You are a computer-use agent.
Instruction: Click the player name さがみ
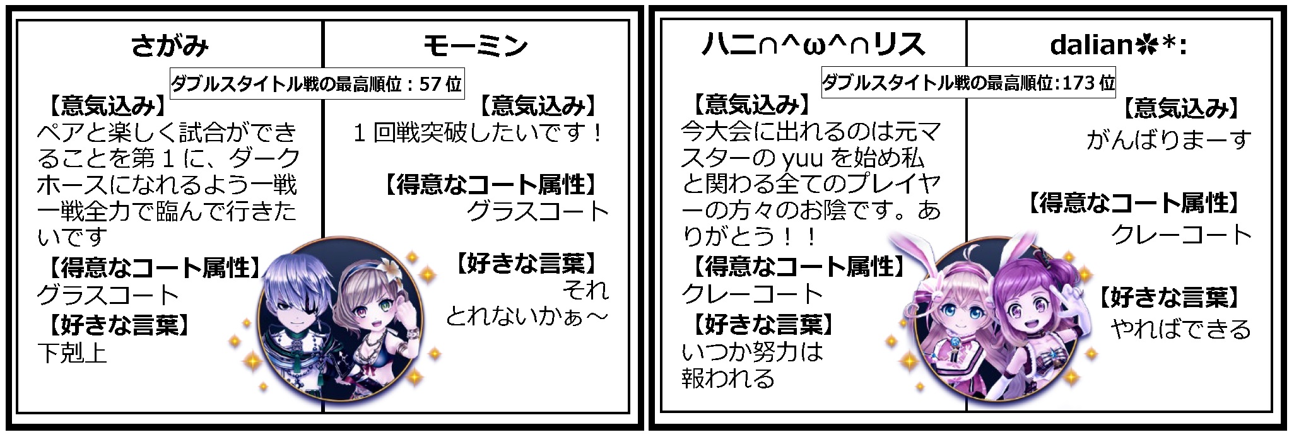pyautogui.click(x=170, y=46)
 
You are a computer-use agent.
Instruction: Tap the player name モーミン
pyautogui.click(x=475, y=46)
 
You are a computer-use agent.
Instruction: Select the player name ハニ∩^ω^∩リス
pyautogui.click(x=813, y=45)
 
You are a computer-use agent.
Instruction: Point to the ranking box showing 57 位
pyautogui.click(x=317, y=83)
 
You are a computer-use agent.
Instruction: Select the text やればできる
pyautogui.click(x=1180, y=329)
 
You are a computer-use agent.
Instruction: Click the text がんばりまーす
pyautogui.click(x=1168, y=140)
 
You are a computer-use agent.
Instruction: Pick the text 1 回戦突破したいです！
pyautogui.click(x=479, y=134)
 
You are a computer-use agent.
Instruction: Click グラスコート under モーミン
pyautogui.click(x=538, y=211)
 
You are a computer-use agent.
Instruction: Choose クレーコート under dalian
pyautogui.click(x=1181, y=235)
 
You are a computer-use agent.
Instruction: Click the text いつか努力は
pyautogui.click(x=753, y=352)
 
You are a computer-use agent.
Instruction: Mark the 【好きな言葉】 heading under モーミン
pyautogui.click(x=526, y=263)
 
